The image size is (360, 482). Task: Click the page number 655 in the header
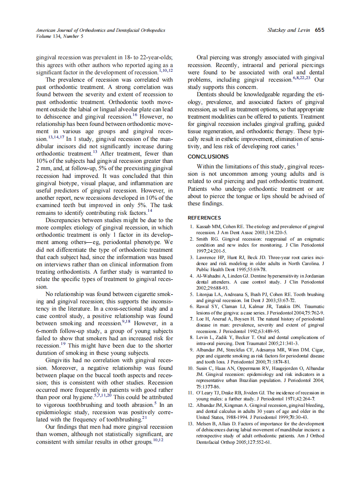click(x=319, y=30)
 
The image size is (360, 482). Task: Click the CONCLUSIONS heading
click(x=208, y=157)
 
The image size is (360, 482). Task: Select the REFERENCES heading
click(x=204, y=218)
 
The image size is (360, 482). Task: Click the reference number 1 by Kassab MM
click(x=192, y=226)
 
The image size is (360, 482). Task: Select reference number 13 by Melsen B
click(x=191, y=424)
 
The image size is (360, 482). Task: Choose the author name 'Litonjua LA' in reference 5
click(x=210, y=294)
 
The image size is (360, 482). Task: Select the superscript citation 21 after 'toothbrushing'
click(x=144, y=417)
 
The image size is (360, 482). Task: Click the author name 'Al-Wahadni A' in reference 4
click(x=213, y=276)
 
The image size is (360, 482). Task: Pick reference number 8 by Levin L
click(x=192, y=337)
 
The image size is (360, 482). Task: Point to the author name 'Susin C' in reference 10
click(x=205, y=368)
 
